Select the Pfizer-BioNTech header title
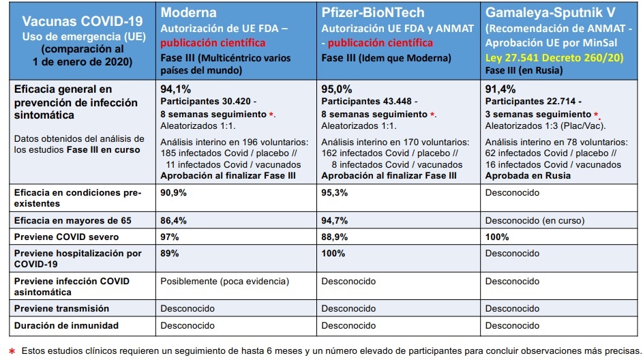pyautogui.click(x=373, y=12)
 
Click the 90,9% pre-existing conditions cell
pyautogui.click(x=173, y=193)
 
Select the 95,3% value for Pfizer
pyautogui.click(x=335, y=193)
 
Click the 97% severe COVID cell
pyautogui.click(x=170, y=237)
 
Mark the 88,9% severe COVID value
pyautogui.click(x=335, y=237)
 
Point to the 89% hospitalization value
pyautogui.click(x=170, y=253)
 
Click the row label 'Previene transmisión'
pyautogui.click(x=61, y=308)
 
